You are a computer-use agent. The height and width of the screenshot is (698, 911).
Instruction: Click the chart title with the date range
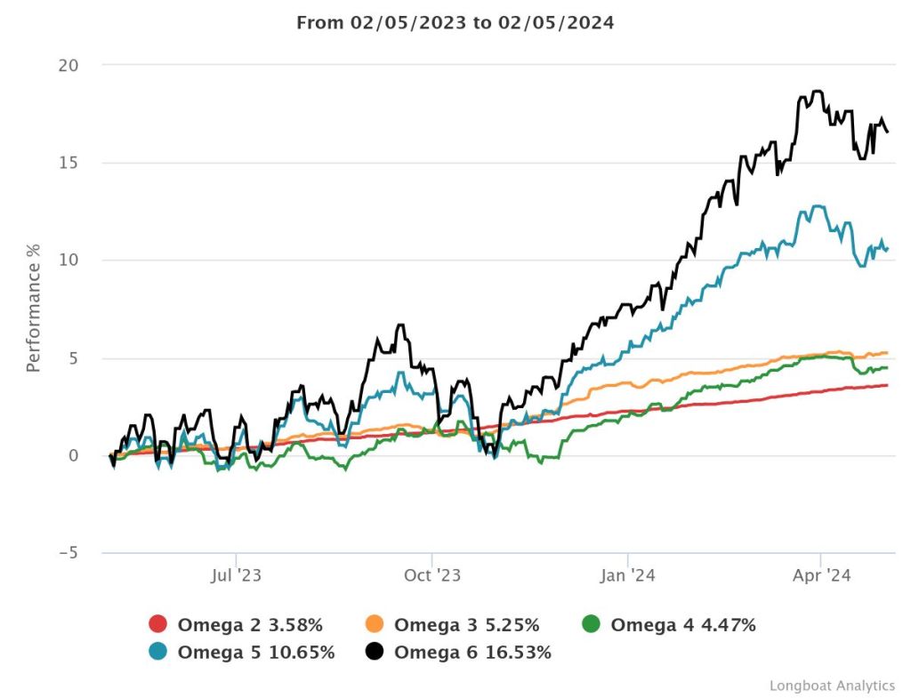[x=455, y=22]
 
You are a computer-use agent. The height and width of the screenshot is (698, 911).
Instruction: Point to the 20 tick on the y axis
[x=68, y=66]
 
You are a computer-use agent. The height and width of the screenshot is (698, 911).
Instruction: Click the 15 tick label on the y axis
[x=68, y=163]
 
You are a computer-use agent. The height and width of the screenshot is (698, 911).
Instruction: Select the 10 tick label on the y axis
[x=68, y=261]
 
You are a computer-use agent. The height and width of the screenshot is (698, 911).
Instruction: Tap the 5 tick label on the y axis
[x=73, y=358]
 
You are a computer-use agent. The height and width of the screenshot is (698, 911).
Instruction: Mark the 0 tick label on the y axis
[x=73, y=455]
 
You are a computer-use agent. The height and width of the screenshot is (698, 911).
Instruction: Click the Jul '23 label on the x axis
[x=236, y=576]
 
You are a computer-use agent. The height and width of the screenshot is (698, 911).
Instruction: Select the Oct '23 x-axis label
[x=431, y=576]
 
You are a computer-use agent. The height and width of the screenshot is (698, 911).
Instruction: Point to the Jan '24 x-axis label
[x=628, y=576]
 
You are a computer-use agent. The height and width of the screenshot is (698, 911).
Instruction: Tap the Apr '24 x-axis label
[x=820, y=576]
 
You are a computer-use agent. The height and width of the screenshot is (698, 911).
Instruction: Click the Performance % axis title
[x=33, y=307]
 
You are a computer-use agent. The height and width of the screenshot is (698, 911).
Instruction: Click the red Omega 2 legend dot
[x=158, y=625]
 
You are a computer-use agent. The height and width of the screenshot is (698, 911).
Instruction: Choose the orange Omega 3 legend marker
[x=375, y=625]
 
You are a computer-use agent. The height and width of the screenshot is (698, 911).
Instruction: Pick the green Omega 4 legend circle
[x=592, y=625]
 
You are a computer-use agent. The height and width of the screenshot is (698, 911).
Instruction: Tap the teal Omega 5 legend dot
[x=158, y=653]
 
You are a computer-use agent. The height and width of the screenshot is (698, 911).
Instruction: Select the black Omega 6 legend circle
[x=375, y=653]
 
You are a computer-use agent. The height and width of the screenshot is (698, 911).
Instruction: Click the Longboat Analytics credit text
[x=832, y=686]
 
